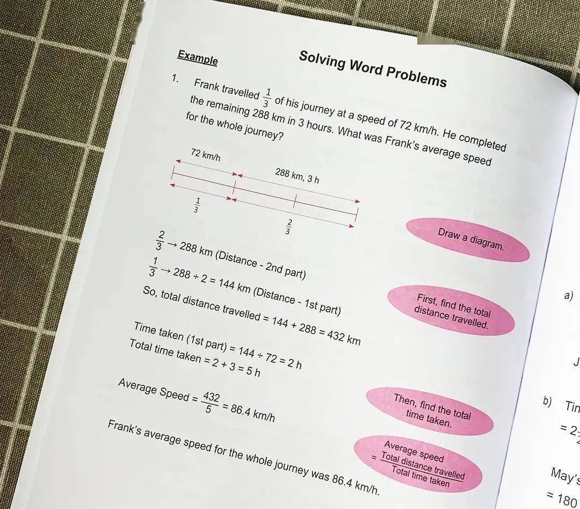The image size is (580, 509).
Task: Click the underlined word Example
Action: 198,58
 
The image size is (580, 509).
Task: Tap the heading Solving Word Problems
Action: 372,69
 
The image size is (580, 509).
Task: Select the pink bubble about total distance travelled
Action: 452,311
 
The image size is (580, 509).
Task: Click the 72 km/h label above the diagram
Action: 205,156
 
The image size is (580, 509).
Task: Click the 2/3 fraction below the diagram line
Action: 289,227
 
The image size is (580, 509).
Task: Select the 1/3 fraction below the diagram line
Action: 196,205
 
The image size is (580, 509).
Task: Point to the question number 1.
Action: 175,79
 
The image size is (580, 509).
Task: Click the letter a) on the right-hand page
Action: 569,295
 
